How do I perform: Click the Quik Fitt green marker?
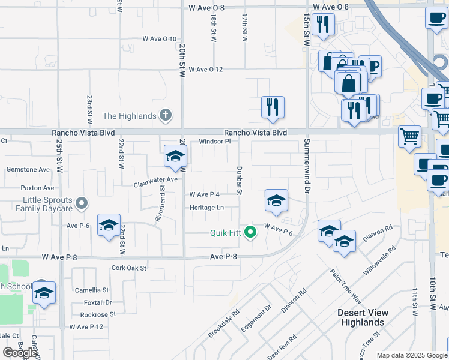pyautogui.click(x=251, y=233)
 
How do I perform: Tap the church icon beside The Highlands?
pyautogui.click(x=166, y=116)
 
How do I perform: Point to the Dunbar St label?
pyautogui.click(x=238, y=181)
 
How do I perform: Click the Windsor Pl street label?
pyautogui.click(x=215, y=142)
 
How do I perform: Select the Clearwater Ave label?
pyautogui.click(x=155, y=179)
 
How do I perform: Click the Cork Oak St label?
pyautogui.click(x=129, y=268)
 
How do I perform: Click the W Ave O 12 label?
pyautogui.click(x=205, y=70)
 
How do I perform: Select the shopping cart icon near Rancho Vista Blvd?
pyautogui.click(x=409, y=136)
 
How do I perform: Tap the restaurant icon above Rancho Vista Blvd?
pyautogui.click(x=273, y=107)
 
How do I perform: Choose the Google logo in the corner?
pyautogui.click(x=20, y=353)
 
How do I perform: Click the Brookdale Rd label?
pyautogui.click(x=224, y=323)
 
